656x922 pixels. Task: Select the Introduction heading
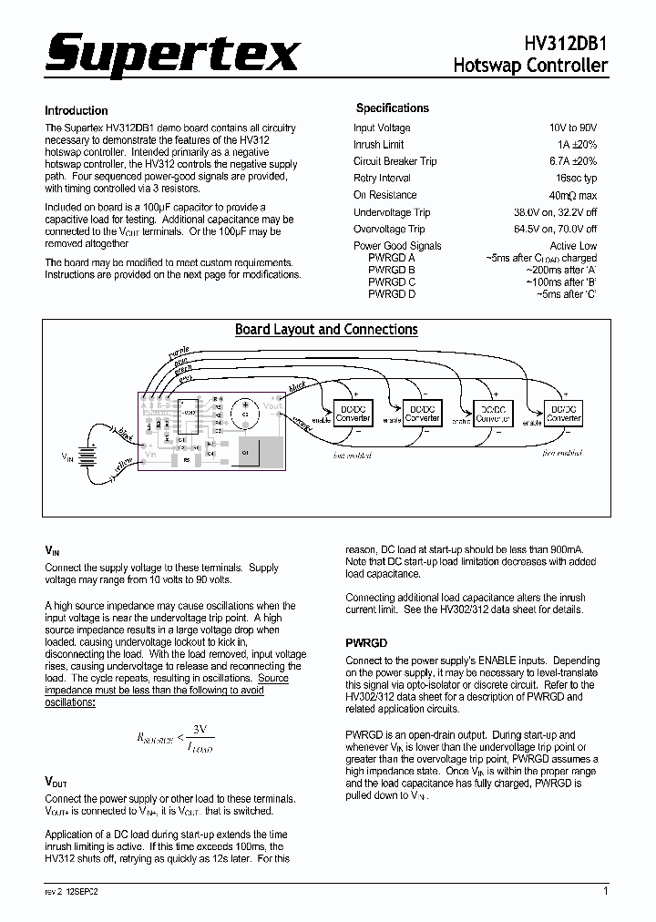click(x=77, y=110)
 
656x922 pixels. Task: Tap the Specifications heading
click(x=392, y=108)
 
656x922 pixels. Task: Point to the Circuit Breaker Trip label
click(x=395, y=161)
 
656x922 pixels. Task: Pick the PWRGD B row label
click(x=392, y=270)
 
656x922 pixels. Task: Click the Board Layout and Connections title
click(x=326, y=330)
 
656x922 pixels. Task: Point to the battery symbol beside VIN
click(x=88, y=454)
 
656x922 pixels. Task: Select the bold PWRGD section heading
click(x=366, y=642)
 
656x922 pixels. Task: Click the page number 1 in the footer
click(x=606, y=891)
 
